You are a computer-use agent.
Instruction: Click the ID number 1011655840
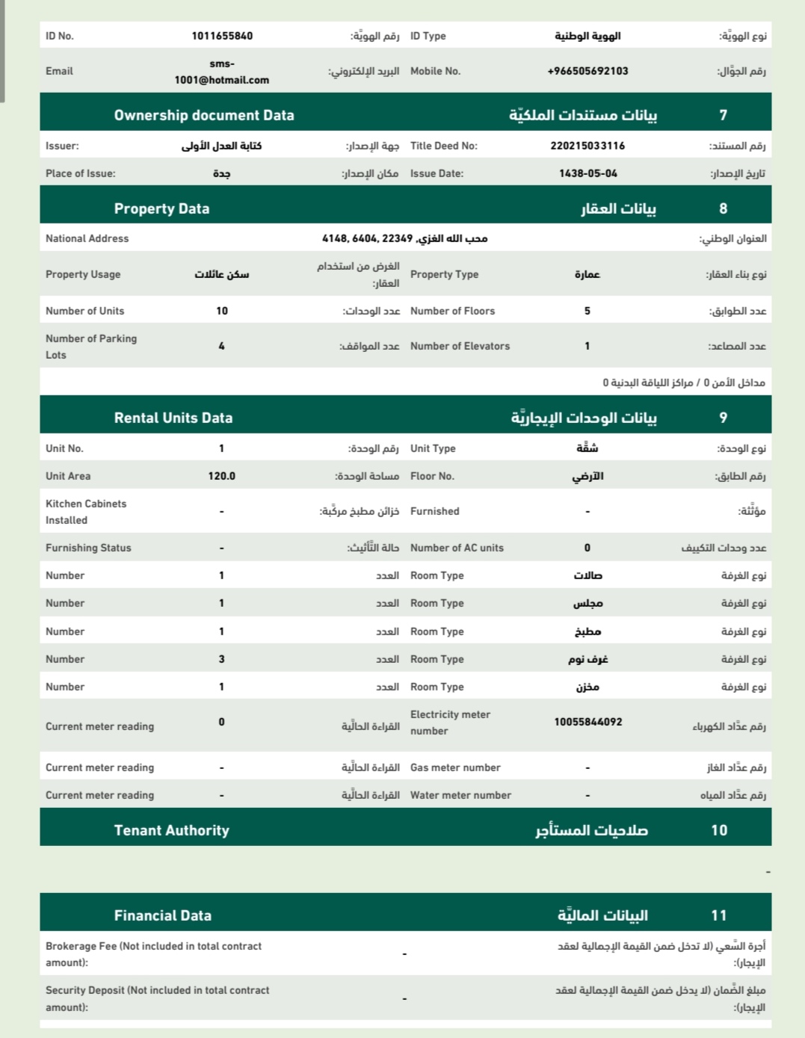[x=222, y=36]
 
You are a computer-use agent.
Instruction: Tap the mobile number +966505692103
[x=587, y=71]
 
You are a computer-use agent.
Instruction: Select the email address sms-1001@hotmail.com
[x=221, y=72]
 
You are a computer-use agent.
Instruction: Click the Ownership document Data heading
[x=204, y=115]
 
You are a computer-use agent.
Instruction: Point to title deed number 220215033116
[x=587, y=146]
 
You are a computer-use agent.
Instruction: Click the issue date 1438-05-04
[x=588, y=173]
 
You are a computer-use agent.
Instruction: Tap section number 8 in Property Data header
[x=723, y=208]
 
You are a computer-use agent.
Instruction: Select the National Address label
[x=87, y=238]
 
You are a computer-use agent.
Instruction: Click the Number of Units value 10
[x=222, y=311]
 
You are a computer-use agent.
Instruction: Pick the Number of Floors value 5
[x=587, y=311]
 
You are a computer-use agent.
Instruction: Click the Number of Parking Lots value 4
[x=221, y=346]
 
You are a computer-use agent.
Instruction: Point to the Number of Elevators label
[x=460, y=346]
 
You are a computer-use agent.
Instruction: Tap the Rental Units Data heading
[x=173, y=418]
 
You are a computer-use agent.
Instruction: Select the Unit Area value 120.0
[x=222, y=476]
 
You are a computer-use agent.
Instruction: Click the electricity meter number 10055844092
[x=588, y=722]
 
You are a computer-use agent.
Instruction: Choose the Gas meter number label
[x=455, y=767]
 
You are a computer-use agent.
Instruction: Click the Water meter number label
[x=460, y=795]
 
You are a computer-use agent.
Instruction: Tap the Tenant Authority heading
[x=172, y=830]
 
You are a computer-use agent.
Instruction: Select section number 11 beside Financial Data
[x=719, y=915]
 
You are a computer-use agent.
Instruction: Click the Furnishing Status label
[x=88, y=548]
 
